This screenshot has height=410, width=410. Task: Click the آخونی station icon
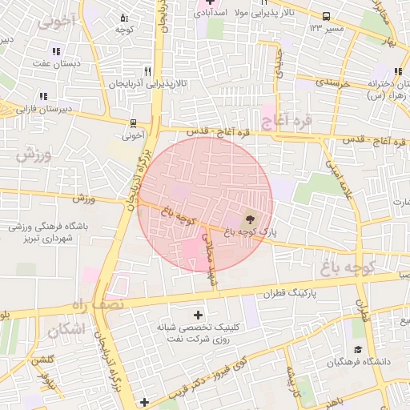pos(132,123)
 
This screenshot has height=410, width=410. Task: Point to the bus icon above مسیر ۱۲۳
pos(326,16)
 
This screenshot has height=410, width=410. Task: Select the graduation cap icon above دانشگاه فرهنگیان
pos(357,350)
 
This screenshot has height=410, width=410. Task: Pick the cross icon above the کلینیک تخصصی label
pos(199,315)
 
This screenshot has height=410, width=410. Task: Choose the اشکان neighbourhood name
pos(66,328)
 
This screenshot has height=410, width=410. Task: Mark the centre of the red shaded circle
pos(205,204)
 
